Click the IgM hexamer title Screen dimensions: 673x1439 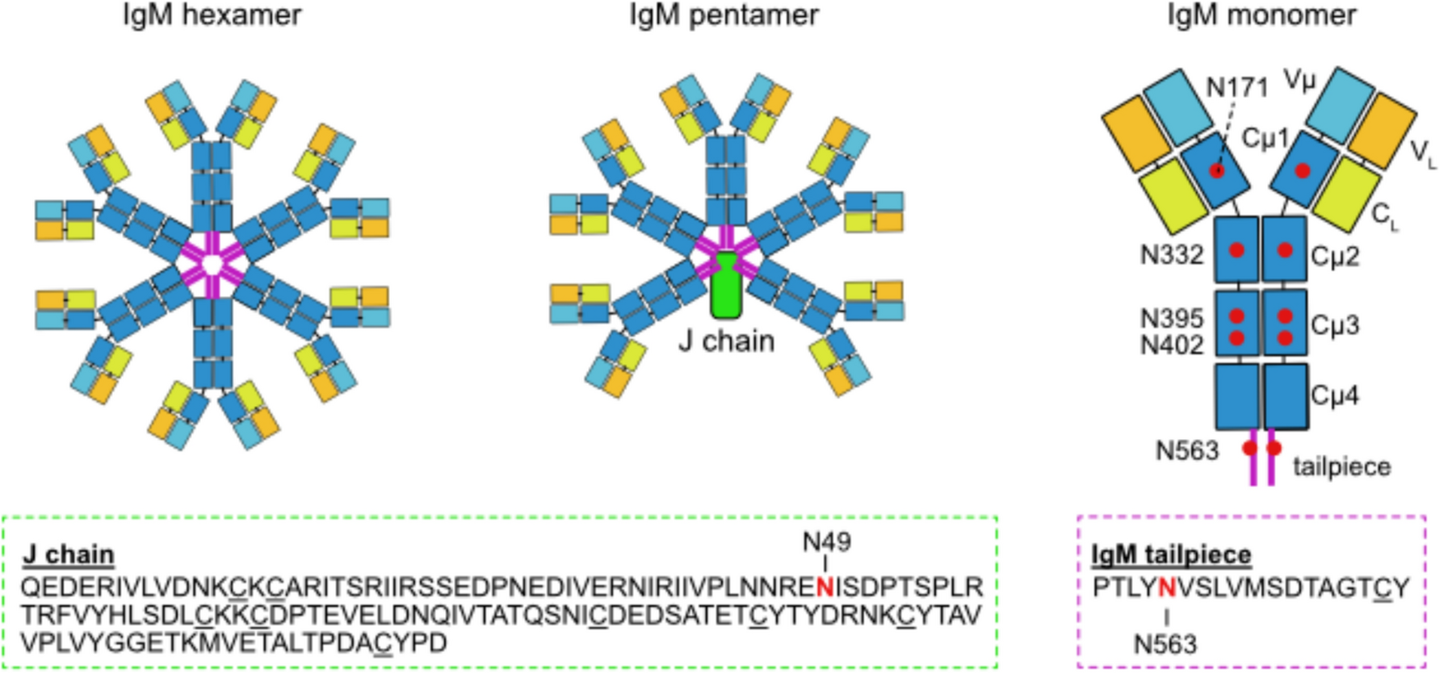(212, 15)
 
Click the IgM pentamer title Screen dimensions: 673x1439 (724, 15)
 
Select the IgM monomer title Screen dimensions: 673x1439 (1261, 15)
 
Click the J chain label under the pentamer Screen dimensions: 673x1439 (726, 341)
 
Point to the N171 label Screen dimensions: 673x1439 (1236, 87)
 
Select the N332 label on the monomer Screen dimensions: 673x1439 (1171, 255)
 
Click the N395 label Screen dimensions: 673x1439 (1171, 318)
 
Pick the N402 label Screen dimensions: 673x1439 (1171, 345)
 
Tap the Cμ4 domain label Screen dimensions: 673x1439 (1335, 395)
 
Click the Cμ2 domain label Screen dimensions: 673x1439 (1335, 257)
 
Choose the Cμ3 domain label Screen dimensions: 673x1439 (1335, 325)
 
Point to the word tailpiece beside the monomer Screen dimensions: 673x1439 (1341, 466)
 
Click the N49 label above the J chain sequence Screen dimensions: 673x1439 (826, 541)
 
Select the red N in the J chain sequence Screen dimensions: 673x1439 (824, 587)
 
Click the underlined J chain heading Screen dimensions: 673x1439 (69, 554)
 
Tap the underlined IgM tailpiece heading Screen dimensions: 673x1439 (1171, 554)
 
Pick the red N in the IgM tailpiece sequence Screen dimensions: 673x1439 (1166, 587)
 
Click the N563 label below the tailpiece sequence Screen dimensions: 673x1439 (1165, 644)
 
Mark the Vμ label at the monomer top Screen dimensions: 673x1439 (1299, 80)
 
